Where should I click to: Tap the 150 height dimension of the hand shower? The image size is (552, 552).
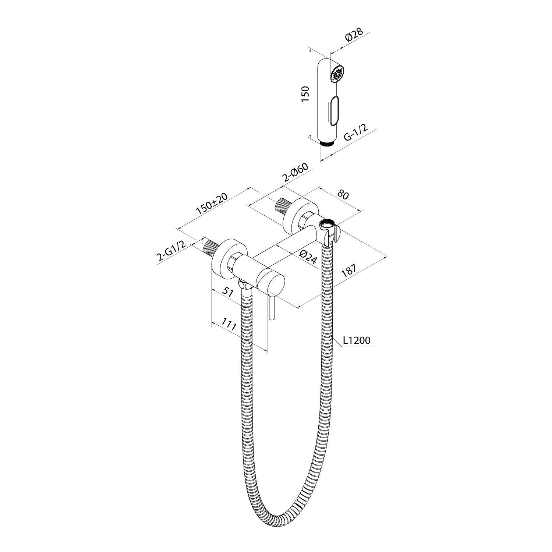click(305, 94)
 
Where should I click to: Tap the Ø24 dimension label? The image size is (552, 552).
click(307, 256)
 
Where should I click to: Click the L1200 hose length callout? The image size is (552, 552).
click(356, 341)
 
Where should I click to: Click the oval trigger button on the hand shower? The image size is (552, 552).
click(335, 110)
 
